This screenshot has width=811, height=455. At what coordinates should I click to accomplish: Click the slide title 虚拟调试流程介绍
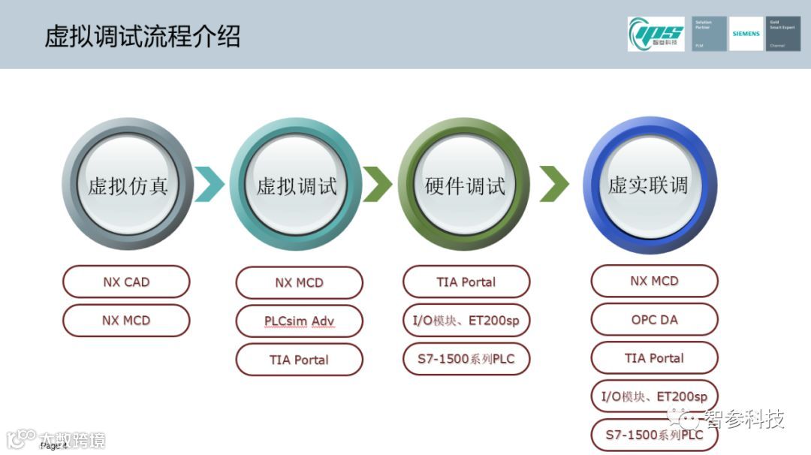pyautogui.click(x=143, y=36)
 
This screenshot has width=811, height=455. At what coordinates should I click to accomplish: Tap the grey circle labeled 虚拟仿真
pyautogui.click(x=128, y=185)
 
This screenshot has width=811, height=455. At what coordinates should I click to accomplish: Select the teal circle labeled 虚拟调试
pyautogui.click(x=296, y=185)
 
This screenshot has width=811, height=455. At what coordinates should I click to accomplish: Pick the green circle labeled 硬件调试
pyautogui.click(x=464, y=185)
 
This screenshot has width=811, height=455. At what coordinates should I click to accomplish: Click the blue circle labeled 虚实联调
pyautogui.click(x=650, y=185)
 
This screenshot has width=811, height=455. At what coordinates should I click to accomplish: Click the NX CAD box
pyautogui.click(x=126, y=282)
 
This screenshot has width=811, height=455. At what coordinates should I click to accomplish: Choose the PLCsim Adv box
pyautogui.click(x=299, y=321)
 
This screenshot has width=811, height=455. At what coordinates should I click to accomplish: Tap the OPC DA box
pyautogui.click(x=654, y=319)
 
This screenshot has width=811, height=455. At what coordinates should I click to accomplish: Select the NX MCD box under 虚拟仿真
pyautogui.click(x=126, y=321)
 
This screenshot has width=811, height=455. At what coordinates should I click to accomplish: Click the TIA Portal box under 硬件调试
pyautogui.click(x=466, y=282)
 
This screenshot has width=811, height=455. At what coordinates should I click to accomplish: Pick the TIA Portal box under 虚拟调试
pyautogui.click(x=299, y=360)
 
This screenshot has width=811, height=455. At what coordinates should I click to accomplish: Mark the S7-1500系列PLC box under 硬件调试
pyautogui.click(x=466, y=359)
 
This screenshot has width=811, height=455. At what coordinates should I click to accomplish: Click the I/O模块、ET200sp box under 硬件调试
pyautogui.click(x=466, y=321)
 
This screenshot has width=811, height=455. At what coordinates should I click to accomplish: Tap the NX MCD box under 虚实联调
pyautogui.click(x=654, y=281)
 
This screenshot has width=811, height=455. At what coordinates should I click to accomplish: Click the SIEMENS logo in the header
pyautogui.click(x=746, y=34)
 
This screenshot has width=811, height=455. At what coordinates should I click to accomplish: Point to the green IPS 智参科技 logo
pyautogui.click(x=656, y=34)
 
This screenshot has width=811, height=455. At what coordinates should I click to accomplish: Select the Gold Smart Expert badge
pyautogui.click(x=782, y=34)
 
